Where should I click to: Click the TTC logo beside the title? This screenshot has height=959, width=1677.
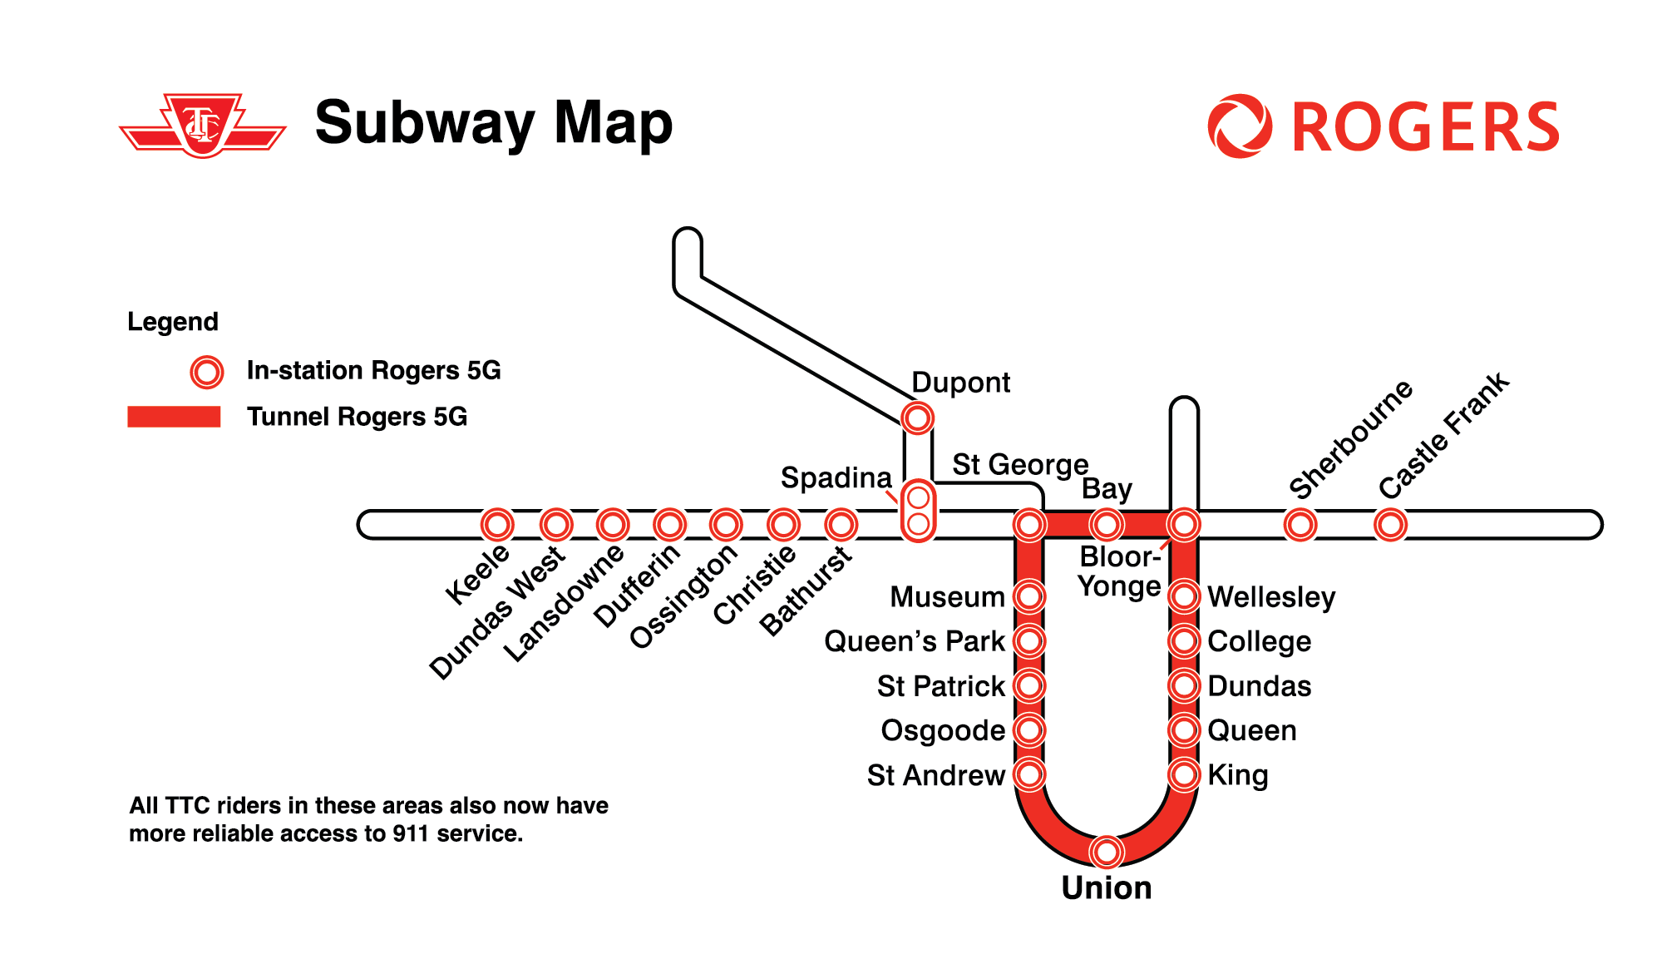click(x=203, y=125)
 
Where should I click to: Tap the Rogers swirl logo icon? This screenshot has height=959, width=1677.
click(x=1239, y=126)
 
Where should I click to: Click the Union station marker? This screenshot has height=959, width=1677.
click(x=1107, y=851)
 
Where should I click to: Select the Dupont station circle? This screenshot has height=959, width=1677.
click(x=918, y=418)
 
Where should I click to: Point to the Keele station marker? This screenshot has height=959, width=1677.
click(x=497, y=525)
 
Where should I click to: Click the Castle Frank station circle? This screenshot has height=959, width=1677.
click(x=1390, y=525)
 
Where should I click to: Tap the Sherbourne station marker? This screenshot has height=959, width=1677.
click(x=1300, y=525)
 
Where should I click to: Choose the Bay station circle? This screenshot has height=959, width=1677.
click(x=1107, y=525)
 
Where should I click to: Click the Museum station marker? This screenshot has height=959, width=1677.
click(x=1029, y=596)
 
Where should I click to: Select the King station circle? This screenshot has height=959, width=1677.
click(x=1184, y=775)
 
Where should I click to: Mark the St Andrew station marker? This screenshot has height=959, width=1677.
click(x=1029, y=775)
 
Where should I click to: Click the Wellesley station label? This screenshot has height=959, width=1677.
click(x=1271, y=597)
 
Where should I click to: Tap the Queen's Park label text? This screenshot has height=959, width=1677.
click(x=914, y=641)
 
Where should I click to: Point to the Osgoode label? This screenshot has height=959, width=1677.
click(x=943, y=730)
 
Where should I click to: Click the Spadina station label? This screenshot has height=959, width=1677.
click(x=836, y=477)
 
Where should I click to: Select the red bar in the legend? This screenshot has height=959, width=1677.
click(x=174, y=417)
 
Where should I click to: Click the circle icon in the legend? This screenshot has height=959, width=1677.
click(x=207, y=372)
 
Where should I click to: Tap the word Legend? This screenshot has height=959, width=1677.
click(x=172, y=322)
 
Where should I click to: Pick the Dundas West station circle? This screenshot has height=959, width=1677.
click(x=556, y=525)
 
